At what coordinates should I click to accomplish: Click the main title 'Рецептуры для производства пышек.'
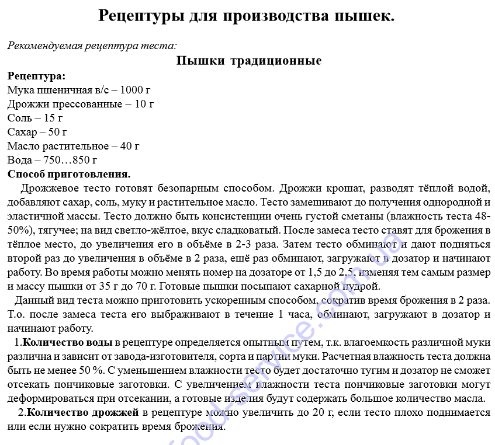(x=247, y=16)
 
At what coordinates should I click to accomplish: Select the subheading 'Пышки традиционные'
(x=249, y=61)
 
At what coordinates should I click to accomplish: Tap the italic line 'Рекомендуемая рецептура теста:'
(x=92, y=46)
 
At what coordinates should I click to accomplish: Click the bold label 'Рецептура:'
(x=36, y=76)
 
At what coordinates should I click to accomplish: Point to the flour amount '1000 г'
(x=135, y=90)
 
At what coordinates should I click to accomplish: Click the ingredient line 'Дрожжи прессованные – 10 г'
(x=81, y=104)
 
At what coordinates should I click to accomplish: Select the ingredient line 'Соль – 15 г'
(x=36, y=118)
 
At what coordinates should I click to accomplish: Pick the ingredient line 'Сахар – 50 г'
(x=37, y=132)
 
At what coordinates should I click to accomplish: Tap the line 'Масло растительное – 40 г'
(x=73, y=146)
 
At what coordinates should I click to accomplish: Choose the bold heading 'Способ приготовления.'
(x=69, y=174)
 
